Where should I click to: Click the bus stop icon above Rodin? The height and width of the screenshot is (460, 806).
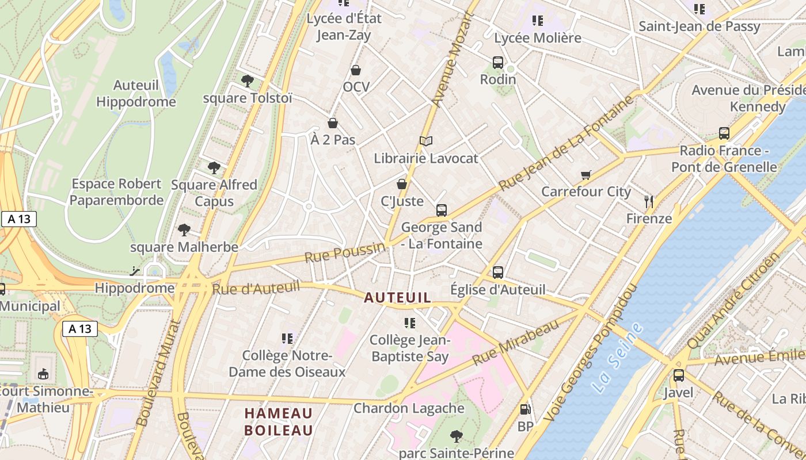coord(498,62)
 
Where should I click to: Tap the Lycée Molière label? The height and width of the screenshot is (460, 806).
coord(538,38)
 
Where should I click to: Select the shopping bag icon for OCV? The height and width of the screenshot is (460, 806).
coord(356,70)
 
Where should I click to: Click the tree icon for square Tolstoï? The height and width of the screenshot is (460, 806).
coord(248,81)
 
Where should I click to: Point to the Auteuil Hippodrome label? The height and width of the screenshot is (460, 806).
coord(136,94)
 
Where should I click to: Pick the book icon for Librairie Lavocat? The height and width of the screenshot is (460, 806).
coord(425,141)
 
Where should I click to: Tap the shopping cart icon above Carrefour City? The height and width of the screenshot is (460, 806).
coord(586,175)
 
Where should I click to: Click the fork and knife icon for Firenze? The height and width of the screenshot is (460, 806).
coord(649,202)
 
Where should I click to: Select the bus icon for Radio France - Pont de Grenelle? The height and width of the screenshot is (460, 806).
coord(724,133)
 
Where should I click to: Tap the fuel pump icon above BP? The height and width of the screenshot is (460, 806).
coord(525,409)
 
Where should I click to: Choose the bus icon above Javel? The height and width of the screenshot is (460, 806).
coord(679,375)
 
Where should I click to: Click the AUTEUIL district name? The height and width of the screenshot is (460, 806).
coord(397,297)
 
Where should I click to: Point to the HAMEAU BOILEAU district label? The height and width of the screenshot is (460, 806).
coord(279,421)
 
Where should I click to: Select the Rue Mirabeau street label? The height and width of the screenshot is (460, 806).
coord(515,343)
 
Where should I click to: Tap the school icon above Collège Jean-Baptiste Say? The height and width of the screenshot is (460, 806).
coord(410,323)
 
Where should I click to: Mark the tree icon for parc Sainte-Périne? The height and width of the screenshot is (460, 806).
coord(457,436)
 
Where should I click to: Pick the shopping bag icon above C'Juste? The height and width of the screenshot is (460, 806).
coord(402,184)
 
